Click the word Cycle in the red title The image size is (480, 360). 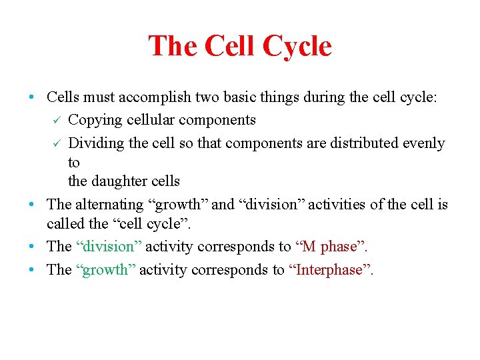click(x=297, y=47)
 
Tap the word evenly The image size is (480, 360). click(x=421, y=143)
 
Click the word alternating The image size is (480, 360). click(x=109, y=204)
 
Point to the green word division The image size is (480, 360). click(x=108, y=246)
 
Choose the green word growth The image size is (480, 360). click(x=105, y=269)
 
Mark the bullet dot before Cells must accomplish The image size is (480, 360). click(x=32, y=97)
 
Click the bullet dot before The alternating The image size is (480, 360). click(x=32, y=205)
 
